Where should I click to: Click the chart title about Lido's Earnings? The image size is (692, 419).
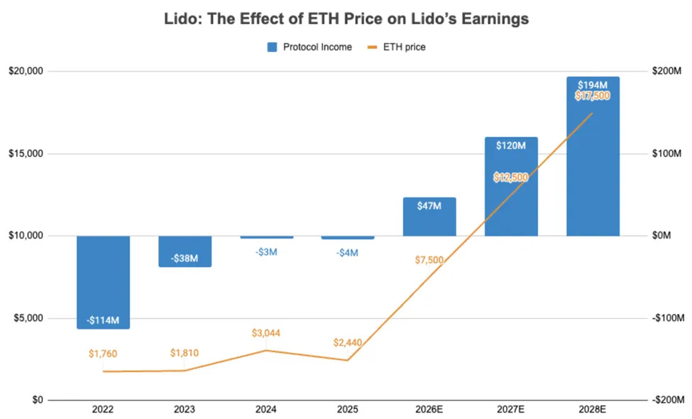(346, 19)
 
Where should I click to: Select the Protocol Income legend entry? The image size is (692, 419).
(309, 47)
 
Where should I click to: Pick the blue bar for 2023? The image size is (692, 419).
(185, 251)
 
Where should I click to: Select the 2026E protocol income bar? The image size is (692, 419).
(429, 217)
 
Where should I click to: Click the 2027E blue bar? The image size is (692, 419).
(511, 186)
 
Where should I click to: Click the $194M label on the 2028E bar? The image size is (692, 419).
(593, 85)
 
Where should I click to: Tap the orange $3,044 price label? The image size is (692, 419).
(266, 333)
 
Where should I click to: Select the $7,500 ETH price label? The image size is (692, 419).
(429, 260)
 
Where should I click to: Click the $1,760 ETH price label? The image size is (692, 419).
(103, 353)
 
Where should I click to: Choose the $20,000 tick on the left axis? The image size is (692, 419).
(26, 72)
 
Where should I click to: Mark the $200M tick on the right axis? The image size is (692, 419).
(666, 72)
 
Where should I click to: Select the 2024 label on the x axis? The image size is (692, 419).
(266, 410)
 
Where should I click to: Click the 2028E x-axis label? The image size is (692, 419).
(593, 410)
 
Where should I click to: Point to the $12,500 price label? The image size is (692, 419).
(511, 178)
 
